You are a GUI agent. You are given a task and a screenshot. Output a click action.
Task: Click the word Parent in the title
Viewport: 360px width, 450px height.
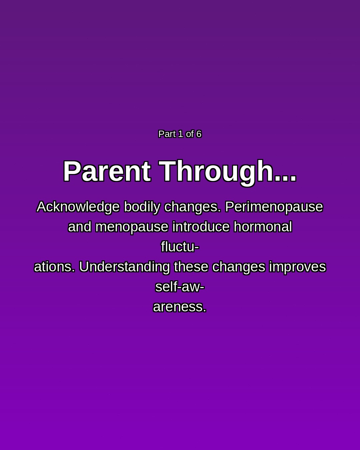pos(107,171)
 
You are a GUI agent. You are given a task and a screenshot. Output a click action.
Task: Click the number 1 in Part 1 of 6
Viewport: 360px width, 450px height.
pos(181,134)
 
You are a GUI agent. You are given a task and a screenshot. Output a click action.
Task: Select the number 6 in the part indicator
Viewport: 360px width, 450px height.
pos(199,134)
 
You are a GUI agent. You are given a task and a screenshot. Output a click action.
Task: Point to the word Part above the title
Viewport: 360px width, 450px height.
pos(167,134)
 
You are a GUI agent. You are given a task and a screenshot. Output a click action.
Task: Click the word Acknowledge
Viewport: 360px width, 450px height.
pos(78,207)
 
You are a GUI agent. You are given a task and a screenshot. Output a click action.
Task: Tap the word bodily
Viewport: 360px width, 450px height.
pos(142,207)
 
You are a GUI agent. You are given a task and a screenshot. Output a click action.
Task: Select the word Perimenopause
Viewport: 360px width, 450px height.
pos(274,207)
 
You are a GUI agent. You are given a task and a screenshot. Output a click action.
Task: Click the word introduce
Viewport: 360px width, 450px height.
pos(201,227)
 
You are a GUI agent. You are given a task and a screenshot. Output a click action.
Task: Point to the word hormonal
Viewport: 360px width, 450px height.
pos(263,227)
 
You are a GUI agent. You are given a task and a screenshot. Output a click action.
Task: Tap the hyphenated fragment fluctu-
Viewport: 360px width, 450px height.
pos(180,247)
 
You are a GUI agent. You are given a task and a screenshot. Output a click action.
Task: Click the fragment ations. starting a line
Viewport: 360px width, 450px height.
pos(54,267)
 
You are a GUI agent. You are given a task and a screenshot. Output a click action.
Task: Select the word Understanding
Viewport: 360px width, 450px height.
pos(124,267)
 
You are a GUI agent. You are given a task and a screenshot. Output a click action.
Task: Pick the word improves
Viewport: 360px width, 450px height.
pos(297,267)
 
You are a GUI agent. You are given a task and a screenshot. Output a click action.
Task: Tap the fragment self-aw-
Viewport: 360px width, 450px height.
pos(180,287)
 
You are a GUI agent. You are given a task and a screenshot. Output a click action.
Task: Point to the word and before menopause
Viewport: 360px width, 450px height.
pos(80,227)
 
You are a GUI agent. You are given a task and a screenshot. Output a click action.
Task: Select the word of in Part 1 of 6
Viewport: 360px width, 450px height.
pos(190,134)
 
